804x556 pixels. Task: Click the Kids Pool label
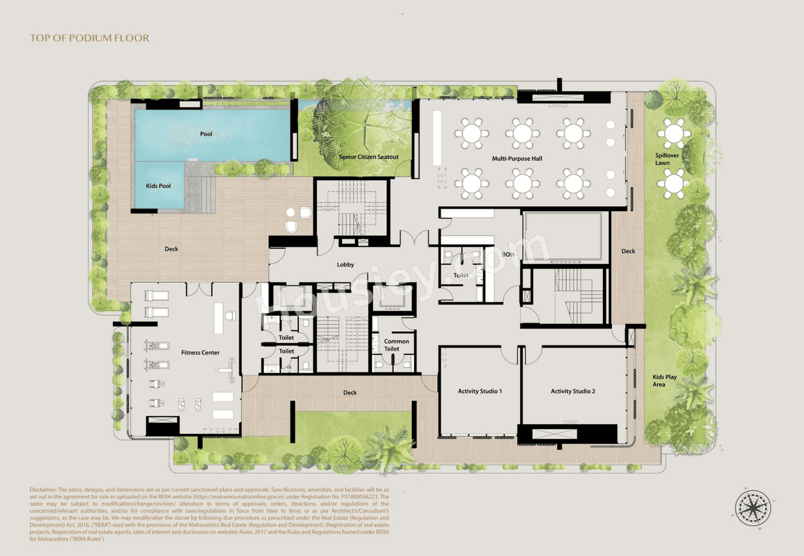[159, 186]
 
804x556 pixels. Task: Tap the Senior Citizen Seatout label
[369, 157]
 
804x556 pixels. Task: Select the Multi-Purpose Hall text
[516, 159]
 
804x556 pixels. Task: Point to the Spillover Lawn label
[662, 159]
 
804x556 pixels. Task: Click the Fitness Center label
[200, 352]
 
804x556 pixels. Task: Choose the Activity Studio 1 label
[480, 391]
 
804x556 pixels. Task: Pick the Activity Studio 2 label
[572, 391]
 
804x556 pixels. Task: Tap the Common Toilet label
[396, 345]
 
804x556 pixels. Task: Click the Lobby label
[345, 264]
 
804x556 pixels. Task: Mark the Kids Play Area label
[664, 381]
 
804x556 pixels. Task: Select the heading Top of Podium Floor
[90, 38]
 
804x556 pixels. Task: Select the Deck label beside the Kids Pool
[171, 249]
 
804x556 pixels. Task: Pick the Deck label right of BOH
[628, 251]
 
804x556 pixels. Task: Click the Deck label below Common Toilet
[350, 393]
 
